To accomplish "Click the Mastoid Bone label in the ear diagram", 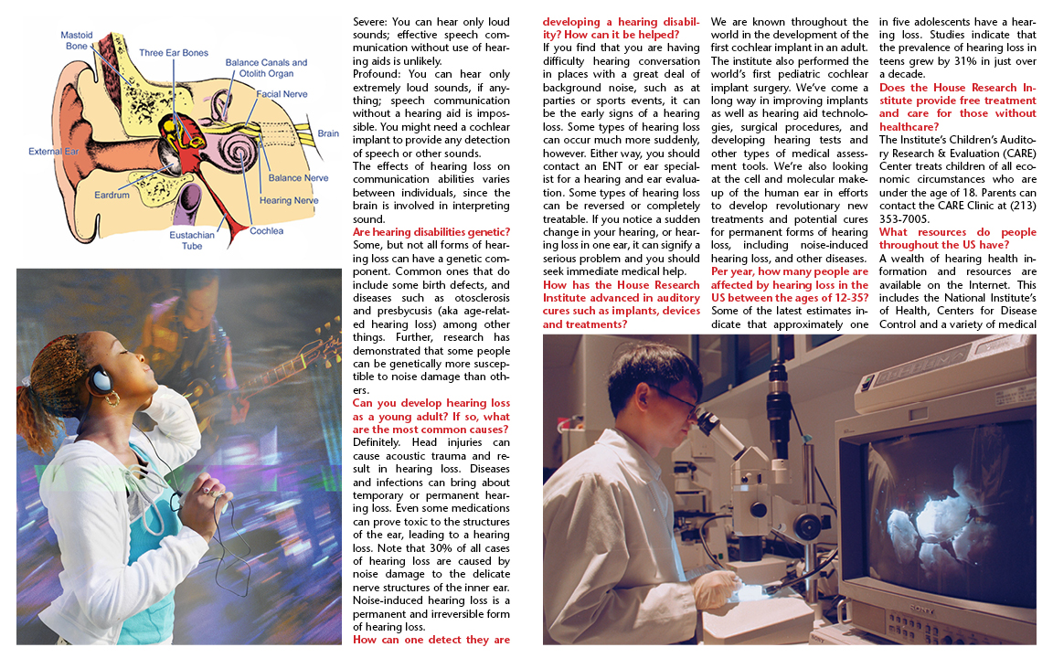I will pyautogui.click(x=76, y=40).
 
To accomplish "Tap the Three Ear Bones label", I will pyautogui.click(x=174, y=53).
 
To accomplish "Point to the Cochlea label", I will pyautogui.click(x=267, y=231).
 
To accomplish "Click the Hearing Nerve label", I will pyautogui.click(x=289, y=200).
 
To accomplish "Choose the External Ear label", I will pyautogui.click(x=52, y=151).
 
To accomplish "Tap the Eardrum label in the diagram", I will pyautogui.click(x=112, y=196).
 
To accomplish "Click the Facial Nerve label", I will pyautogui.click(x=281, y=93).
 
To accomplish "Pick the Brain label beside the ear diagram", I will pyautogui.click(x=328, y=133).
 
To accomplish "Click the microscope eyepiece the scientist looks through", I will pyautogui.click(x=707, y=419).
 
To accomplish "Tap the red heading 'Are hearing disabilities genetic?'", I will pyautogui.click(x=431, y=233).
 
